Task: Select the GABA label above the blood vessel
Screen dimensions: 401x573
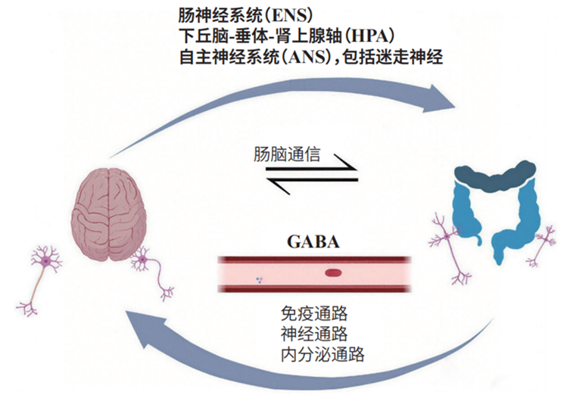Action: click(x=313, y=242)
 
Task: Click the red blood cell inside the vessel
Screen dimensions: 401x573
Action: click(x=334, y=273)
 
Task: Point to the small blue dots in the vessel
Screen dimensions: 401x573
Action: click(x=258, y=279)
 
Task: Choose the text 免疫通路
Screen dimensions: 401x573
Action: click(x=307, y=314)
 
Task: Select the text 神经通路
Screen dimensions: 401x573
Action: click(x=307, y=334)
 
